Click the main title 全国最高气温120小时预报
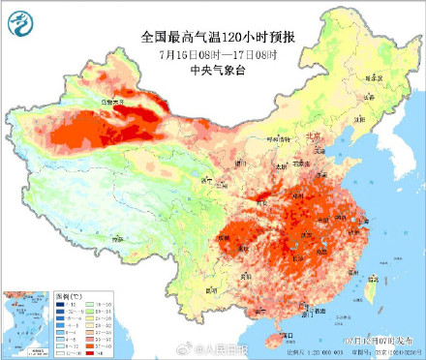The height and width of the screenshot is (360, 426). (x=213, y=36)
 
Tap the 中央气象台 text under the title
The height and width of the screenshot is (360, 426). (x=213, y=70)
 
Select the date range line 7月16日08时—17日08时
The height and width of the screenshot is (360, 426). (x=213, y=53)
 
